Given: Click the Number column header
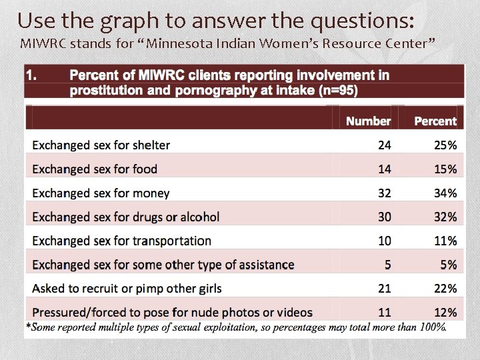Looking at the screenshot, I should (x=368, y=121).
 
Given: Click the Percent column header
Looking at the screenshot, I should (x=435, y=121).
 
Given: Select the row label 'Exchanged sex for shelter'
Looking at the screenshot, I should (x=101, y=145).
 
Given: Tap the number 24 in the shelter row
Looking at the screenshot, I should (x=385, y=145).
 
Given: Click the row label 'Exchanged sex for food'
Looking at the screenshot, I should (x=95, y=169).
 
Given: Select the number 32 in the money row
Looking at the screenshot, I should (x=385, y=193).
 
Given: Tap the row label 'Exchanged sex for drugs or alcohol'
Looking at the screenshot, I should (x=126, y=217).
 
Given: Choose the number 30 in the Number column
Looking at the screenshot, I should (x=385, y=217).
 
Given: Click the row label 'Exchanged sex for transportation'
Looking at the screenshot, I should (x=122, y=241).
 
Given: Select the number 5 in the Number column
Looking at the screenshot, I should (x=388, y=265).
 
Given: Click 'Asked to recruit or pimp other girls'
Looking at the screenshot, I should (x=127, y=289).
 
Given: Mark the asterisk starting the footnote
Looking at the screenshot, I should (x=28, y=326).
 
